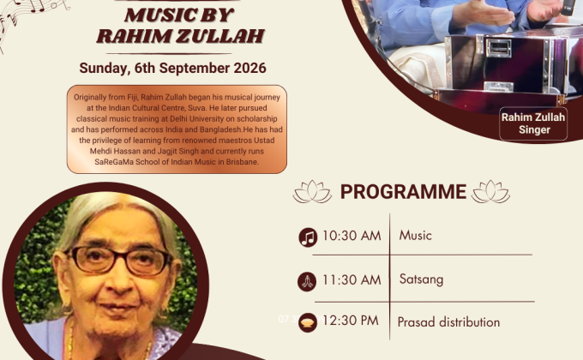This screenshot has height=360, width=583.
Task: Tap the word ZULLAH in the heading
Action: point(220,37)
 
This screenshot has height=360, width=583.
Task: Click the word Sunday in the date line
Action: point(105,69)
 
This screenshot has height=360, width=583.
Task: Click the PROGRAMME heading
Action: point(404,192)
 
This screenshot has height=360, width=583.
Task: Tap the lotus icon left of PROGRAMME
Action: point(312,192)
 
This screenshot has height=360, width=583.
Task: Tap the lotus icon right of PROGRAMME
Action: point(490,192)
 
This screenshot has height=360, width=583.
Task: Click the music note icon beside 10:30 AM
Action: point(309,237)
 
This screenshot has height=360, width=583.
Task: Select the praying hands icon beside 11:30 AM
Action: point(307,281)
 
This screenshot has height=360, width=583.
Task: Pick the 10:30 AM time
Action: point(352,236)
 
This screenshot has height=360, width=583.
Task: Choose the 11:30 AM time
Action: point(352,280)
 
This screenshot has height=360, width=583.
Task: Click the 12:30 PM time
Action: point(351,321)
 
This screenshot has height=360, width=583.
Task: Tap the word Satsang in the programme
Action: point(421,279)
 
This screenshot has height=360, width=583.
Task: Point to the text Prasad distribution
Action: point(448,322)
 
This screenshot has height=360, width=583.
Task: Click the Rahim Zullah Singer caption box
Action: point(533,123)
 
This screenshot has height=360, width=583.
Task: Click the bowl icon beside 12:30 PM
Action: point(308,322)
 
